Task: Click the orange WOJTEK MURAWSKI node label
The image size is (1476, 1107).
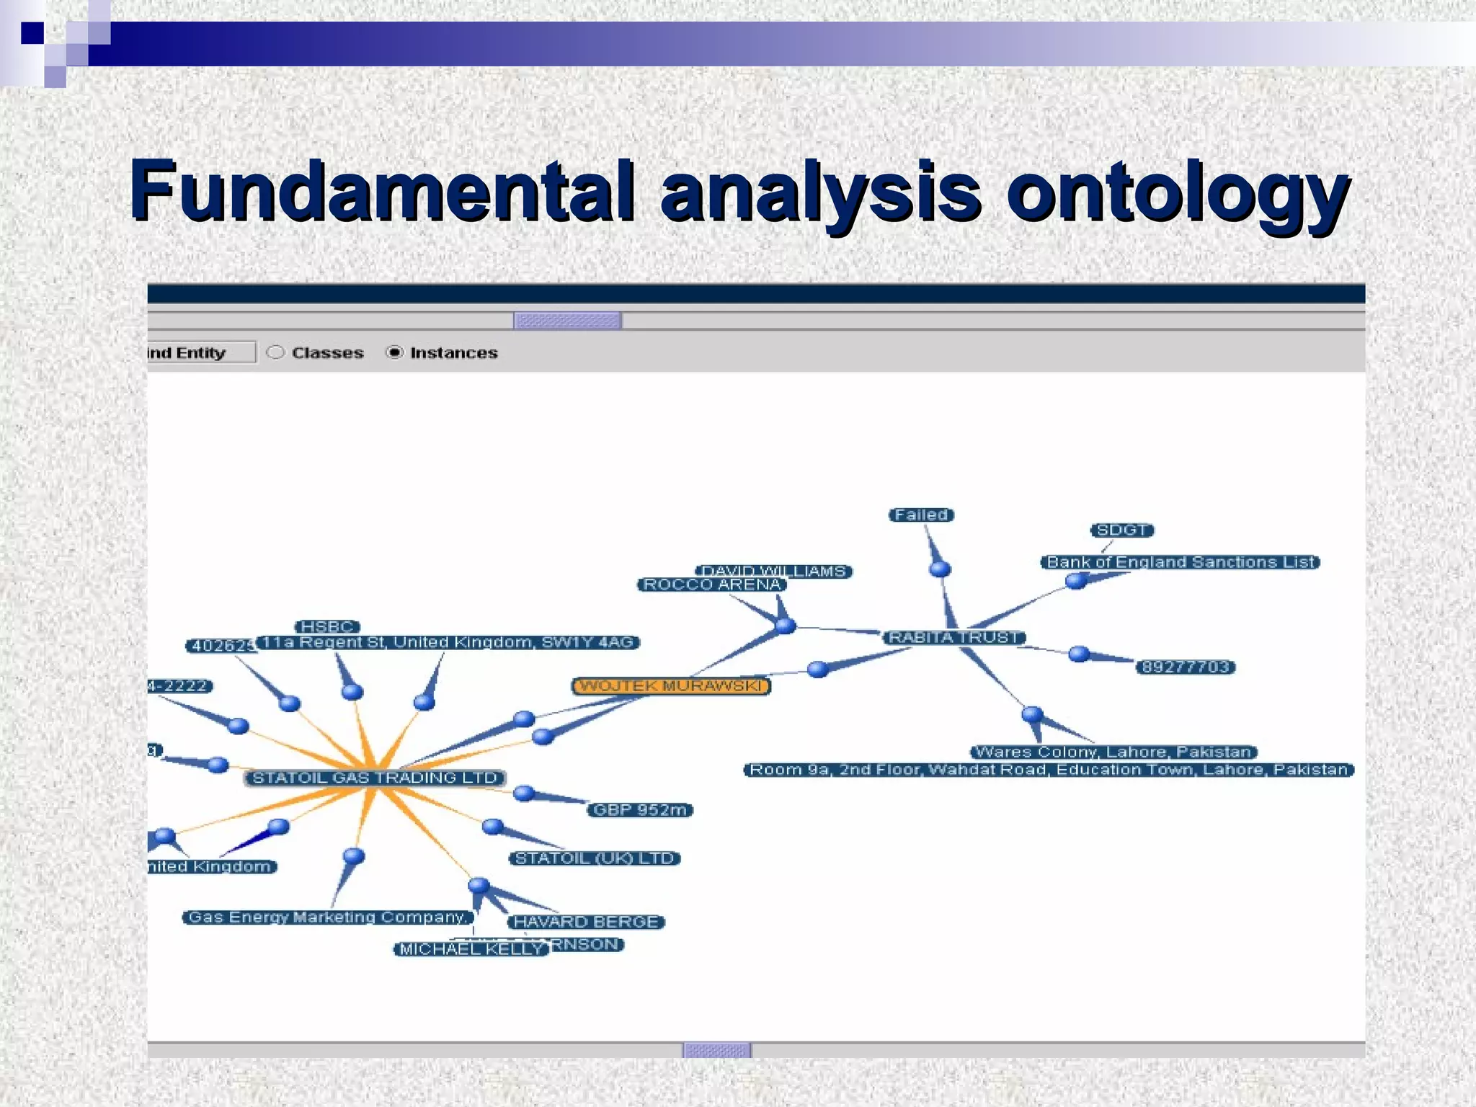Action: tap(671, 685)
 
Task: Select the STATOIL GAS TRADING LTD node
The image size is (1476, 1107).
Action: tap(375, 778)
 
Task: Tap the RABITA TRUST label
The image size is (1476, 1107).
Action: tap(954, 637)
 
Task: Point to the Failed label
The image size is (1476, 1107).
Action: tap(921, 515)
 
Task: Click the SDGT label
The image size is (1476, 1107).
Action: tap(1121, 530)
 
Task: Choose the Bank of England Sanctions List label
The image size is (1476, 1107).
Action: tap(1180, 561)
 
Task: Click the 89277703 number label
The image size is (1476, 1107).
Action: tap(1186, 667)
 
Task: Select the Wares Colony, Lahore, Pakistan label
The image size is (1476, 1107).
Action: tap(1113, 752)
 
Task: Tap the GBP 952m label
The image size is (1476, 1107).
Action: tap(640, 809)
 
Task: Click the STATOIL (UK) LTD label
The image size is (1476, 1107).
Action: tap(595, 858)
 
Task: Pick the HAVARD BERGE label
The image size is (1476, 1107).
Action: tap(586, 922)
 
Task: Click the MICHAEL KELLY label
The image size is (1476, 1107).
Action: tap(471, 949)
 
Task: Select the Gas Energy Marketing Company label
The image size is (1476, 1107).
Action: tap(328, 917)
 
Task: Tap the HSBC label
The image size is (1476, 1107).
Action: tap(327, 626)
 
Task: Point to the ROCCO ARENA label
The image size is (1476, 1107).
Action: tap(711, 584)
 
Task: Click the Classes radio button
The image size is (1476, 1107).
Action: tap(275, 352)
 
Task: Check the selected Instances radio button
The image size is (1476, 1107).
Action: tap(394, 352)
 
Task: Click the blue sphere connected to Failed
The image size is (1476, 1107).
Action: tap(940, 569)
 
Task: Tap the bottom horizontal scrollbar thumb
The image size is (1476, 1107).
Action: tap(716, 1050)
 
